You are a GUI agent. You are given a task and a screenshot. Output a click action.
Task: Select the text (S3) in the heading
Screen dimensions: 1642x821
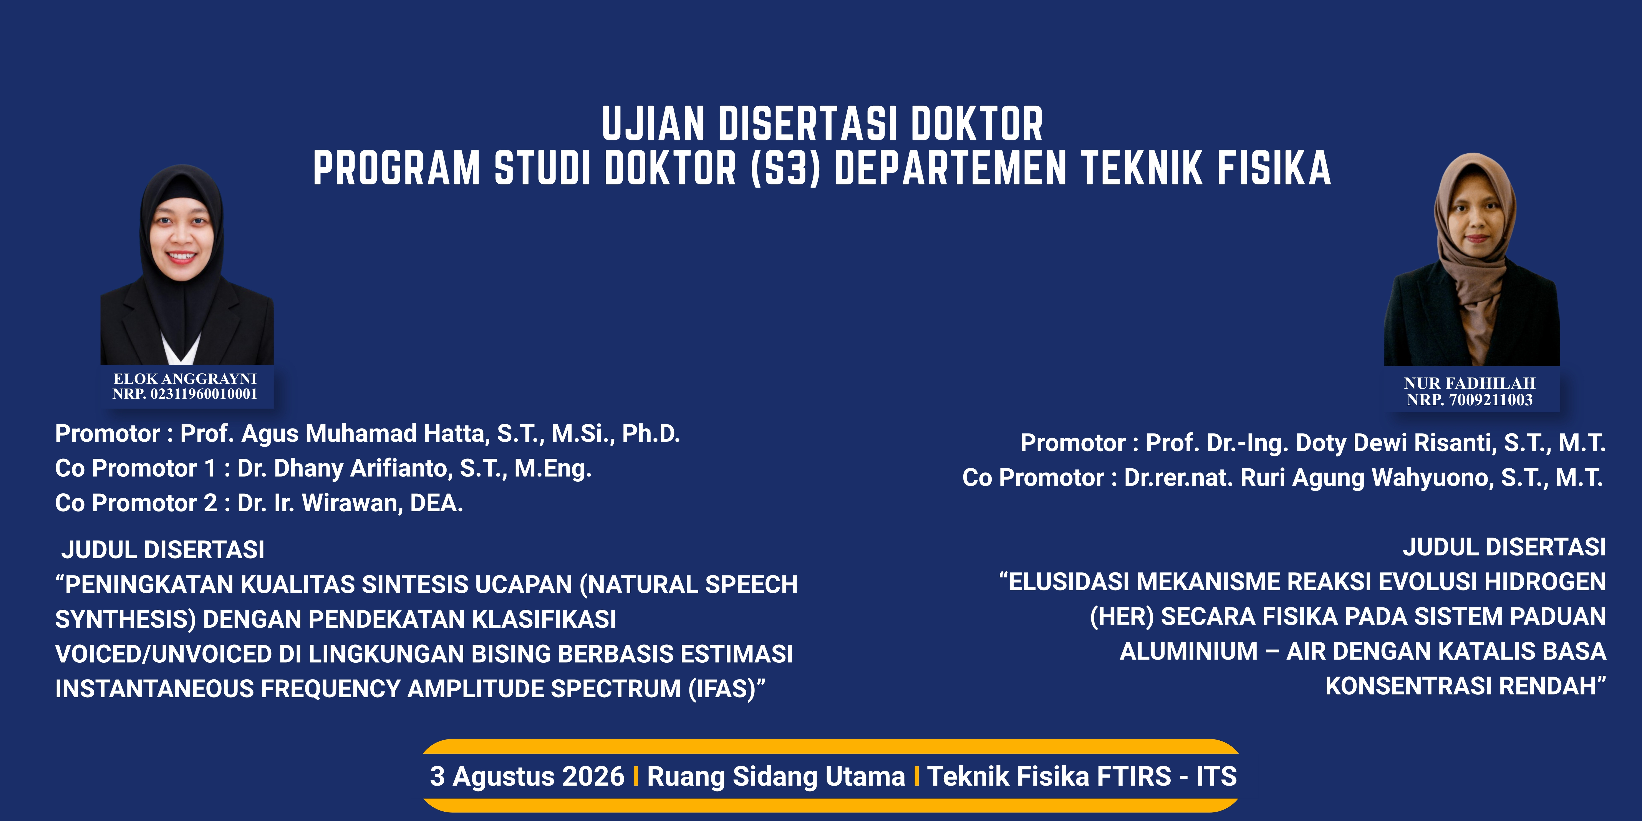(x=785, y=168)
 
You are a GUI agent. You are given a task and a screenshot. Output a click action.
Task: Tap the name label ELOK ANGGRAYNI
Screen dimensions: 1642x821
(x=185, y=379)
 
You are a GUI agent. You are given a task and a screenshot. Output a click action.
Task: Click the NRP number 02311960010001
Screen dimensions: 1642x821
(x=203, y=394)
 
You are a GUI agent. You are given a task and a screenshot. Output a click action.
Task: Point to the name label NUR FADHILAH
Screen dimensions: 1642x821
(x=1469, y=383)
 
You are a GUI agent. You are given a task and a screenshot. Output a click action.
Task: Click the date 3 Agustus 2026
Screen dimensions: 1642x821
(x=527, y=776)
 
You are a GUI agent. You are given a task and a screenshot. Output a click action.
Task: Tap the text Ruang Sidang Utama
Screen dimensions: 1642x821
(x=776, y=776)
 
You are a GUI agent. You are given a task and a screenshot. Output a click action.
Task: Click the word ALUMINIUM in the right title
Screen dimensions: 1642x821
(x=1189, y=652)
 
